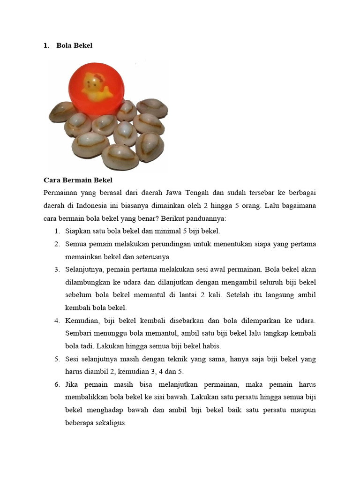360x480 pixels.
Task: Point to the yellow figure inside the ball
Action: point(96,87)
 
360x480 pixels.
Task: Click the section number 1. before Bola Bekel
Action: point(46,45)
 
